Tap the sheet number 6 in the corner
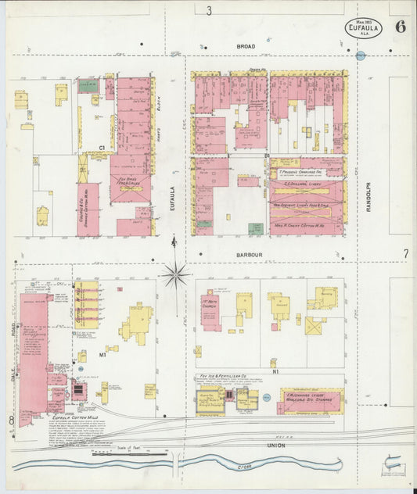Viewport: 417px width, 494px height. click(x=400, y=25)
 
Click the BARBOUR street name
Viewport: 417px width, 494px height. click(x=246, y=254)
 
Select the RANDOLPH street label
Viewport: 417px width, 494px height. click(x=366, y=195)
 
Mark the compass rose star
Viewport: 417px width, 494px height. click(x=176, y=274)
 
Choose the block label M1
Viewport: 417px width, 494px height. click(x=102, y=354)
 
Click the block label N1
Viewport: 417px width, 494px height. click(x=274, y=361)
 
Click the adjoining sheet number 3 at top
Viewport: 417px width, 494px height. click(x=209, y=10)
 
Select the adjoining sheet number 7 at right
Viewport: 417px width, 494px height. click(x=405, y=254)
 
